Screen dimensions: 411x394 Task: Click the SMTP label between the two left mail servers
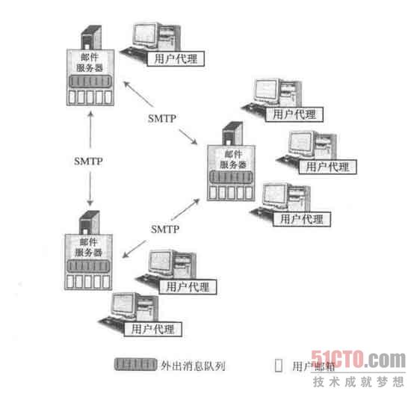tap(88, 161)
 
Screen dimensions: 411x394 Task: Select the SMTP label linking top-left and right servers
tap(162, 118)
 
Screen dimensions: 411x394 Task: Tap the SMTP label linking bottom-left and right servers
tap(165, 230)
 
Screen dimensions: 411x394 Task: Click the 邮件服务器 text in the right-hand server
tap(232, 159)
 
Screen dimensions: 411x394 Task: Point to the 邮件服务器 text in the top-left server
tap(90, 63)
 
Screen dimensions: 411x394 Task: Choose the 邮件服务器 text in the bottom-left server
tap(88, 247)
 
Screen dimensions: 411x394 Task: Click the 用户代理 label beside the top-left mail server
tap(176, 58)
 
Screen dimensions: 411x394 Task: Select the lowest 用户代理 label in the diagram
tap(152, 329)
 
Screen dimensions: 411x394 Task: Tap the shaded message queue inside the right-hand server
tap(231, 176)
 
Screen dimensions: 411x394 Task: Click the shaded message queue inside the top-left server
tap(90, 81)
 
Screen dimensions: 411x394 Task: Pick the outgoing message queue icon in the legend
tap(135, 364)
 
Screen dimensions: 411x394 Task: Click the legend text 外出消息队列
tap(193, 366)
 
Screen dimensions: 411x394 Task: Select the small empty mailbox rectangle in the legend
tap(279, 366)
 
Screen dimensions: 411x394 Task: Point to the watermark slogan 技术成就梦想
tap(358, 382)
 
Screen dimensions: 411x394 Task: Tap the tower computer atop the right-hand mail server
tap(232, 133)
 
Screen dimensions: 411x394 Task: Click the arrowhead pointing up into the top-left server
tap(90, 114)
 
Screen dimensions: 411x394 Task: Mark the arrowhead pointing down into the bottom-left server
tap(90, 203)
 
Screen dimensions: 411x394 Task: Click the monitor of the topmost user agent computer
tap(146, 37)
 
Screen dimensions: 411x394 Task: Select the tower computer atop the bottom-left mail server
tap(89, 223)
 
